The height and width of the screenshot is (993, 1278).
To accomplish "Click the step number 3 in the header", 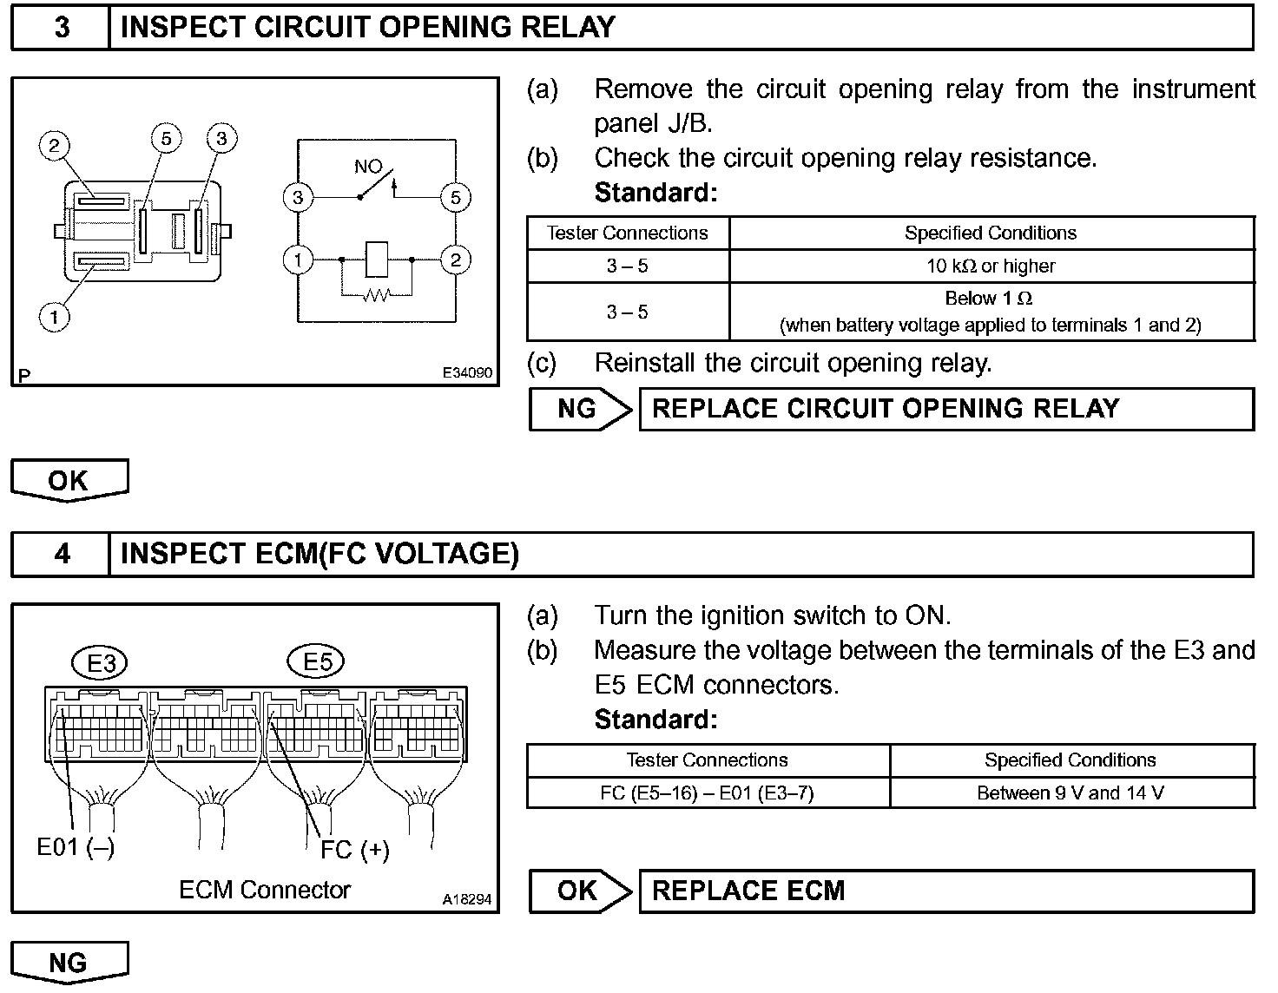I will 62,28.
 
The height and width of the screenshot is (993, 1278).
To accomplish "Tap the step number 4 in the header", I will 62,554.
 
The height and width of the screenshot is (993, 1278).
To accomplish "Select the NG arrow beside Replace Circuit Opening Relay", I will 580,409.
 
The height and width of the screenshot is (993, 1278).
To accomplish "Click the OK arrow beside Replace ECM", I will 580,891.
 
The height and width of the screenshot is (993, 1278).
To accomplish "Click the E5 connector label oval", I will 317,662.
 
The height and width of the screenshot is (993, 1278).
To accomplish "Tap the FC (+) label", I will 354,849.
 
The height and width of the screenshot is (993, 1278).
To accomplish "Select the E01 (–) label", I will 76,846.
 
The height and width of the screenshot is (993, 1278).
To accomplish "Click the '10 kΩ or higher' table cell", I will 991,266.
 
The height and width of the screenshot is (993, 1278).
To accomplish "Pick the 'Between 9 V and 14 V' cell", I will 1070,792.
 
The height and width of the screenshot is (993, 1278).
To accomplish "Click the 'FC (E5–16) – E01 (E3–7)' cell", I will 707,792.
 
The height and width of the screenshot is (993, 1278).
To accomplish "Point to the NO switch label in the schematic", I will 368,167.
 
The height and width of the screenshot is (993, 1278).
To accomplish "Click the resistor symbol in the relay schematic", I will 376,296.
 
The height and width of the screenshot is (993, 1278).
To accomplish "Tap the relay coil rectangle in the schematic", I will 377,259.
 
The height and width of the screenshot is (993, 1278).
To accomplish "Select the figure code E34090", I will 467,372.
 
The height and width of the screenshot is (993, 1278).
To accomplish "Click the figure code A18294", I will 466,899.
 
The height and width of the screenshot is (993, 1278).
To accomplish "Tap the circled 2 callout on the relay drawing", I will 54,145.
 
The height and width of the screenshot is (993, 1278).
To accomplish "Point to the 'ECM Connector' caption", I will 265,890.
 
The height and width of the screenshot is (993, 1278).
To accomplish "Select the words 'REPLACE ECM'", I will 748,891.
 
